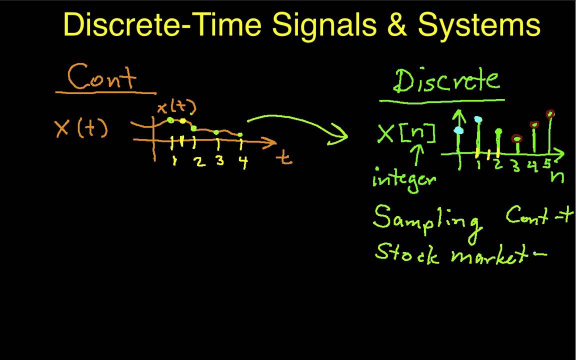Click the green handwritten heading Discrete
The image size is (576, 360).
[446, 81]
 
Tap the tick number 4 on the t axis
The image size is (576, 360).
[243, 162]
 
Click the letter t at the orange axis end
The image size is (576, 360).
[284, 158]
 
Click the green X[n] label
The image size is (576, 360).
[406, 134]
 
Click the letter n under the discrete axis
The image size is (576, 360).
[557, 176]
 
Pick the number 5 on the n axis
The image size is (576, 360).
[547, 163]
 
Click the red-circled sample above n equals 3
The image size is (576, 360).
[517, 139]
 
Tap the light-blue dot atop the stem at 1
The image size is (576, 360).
[478, 120]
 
